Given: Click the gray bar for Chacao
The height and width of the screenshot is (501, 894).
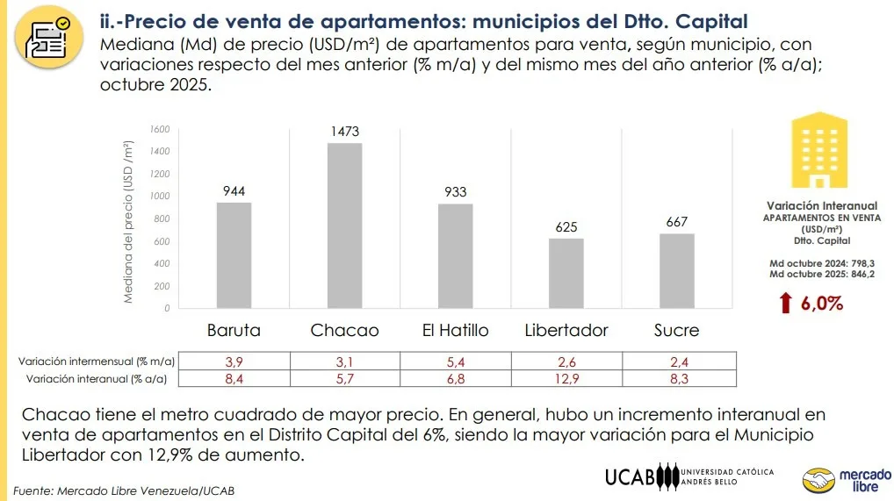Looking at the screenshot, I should [344, 225].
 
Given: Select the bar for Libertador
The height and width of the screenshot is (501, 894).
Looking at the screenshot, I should [566, 273].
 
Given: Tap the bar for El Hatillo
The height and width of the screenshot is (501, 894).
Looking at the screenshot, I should [455, 256].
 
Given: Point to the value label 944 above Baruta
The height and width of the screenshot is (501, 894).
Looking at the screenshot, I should [234, 190].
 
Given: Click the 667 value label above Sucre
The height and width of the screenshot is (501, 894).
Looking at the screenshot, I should [676, 222].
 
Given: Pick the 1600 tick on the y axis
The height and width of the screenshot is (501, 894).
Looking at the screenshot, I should [158, 129].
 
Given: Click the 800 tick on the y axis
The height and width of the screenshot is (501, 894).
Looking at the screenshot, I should [160, 219].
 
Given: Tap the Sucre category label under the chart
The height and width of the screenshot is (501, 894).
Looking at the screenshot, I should [676, 331].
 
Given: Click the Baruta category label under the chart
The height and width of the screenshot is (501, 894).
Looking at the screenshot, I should [234, 331].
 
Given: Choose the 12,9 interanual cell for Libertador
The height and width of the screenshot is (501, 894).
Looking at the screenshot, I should [566, 378].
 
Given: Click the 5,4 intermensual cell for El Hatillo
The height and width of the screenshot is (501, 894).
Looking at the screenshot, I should [455, 361].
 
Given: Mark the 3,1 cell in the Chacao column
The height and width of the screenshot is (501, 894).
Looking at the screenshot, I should [344, 361].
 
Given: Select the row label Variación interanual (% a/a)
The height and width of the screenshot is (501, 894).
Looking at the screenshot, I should [97, 378].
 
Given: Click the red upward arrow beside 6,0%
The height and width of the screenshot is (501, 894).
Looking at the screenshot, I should [785, 304].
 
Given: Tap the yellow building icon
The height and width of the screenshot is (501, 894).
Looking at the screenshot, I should [818, 150].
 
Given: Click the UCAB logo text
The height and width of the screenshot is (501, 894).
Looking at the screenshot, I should [631, 477].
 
